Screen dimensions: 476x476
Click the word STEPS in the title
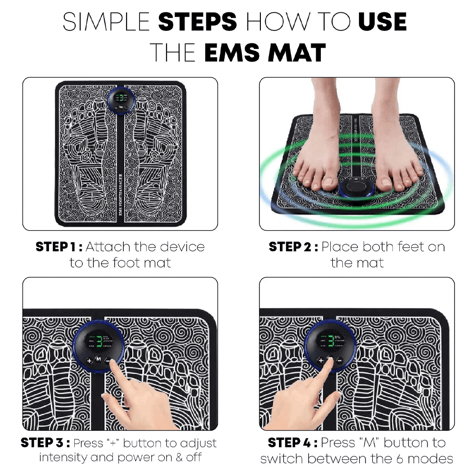click(x=197, y=22)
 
